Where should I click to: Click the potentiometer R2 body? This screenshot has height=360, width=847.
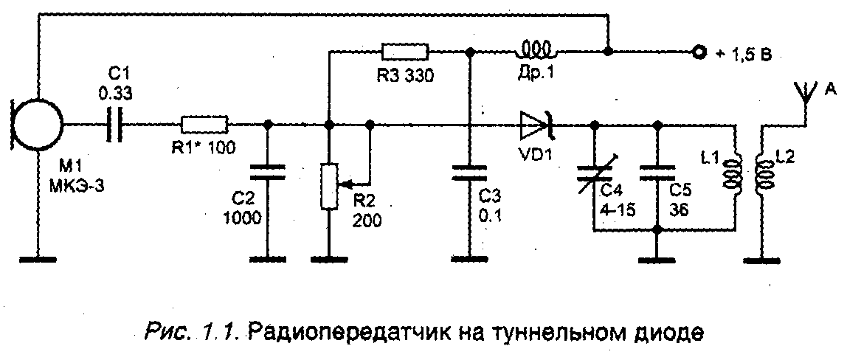[329, 187]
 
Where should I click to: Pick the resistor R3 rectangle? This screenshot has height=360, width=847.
[405, 52]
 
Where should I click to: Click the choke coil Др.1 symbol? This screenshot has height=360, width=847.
[538, 51]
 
